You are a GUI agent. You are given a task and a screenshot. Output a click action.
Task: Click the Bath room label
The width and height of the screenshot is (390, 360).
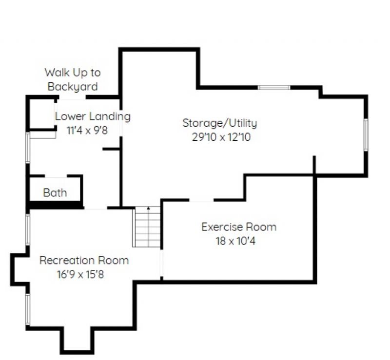[55, 193]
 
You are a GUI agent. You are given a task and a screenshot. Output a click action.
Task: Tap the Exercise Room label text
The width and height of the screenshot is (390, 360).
[239, 227]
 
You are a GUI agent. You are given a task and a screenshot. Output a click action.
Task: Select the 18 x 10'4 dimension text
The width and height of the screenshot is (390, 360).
[235, 241]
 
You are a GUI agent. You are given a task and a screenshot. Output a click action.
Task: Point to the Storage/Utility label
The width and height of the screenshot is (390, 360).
[220, 123]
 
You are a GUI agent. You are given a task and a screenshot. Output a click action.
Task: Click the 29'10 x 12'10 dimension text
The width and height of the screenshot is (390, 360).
[221, 137]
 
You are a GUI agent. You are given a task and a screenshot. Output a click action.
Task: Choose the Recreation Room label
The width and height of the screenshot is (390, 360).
[84, 260]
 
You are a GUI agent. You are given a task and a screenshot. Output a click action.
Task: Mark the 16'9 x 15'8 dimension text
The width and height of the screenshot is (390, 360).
[80, 274]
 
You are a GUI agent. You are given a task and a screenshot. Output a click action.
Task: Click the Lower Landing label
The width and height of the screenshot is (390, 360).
[93, 116]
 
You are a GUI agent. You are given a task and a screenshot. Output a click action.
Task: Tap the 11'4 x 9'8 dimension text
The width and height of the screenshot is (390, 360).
[87, 130]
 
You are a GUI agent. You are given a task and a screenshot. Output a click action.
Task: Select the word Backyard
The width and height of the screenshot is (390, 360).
[73, 87]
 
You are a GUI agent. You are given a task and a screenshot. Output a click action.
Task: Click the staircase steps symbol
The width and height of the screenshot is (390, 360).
[147, 227]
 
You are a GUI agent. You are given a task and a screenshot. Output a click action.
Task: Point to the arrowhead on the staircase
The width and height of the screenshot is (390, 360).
[149, 208]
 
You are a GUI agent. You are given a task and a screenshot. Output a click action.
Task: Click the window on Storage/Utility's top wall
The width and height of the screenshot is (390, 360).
[274, 87]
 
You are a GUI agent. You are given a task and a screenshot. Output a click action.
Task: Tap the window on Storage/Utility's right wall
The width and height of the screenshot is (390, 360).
[366, 135]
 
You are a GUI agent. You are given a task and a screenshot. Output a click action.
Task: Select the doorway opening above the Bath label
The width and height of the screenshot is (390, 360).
[56, 176]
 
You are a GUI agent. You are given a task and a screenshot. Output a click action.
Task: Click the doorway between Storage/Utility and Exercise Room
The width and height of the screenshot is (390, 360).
[201, 200]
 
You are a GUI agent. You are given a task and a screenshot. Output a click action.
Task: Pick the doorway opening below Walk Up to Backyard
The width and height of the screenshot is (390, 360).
[72, 97]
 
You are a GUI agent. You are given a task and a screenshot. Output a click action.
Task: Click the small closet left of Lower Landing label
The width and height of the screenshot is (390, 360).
[42, 114]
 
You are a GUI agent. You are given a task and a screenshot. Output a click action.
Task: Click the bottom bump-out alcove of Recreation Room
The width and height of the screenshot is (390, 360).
[77, 340]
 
